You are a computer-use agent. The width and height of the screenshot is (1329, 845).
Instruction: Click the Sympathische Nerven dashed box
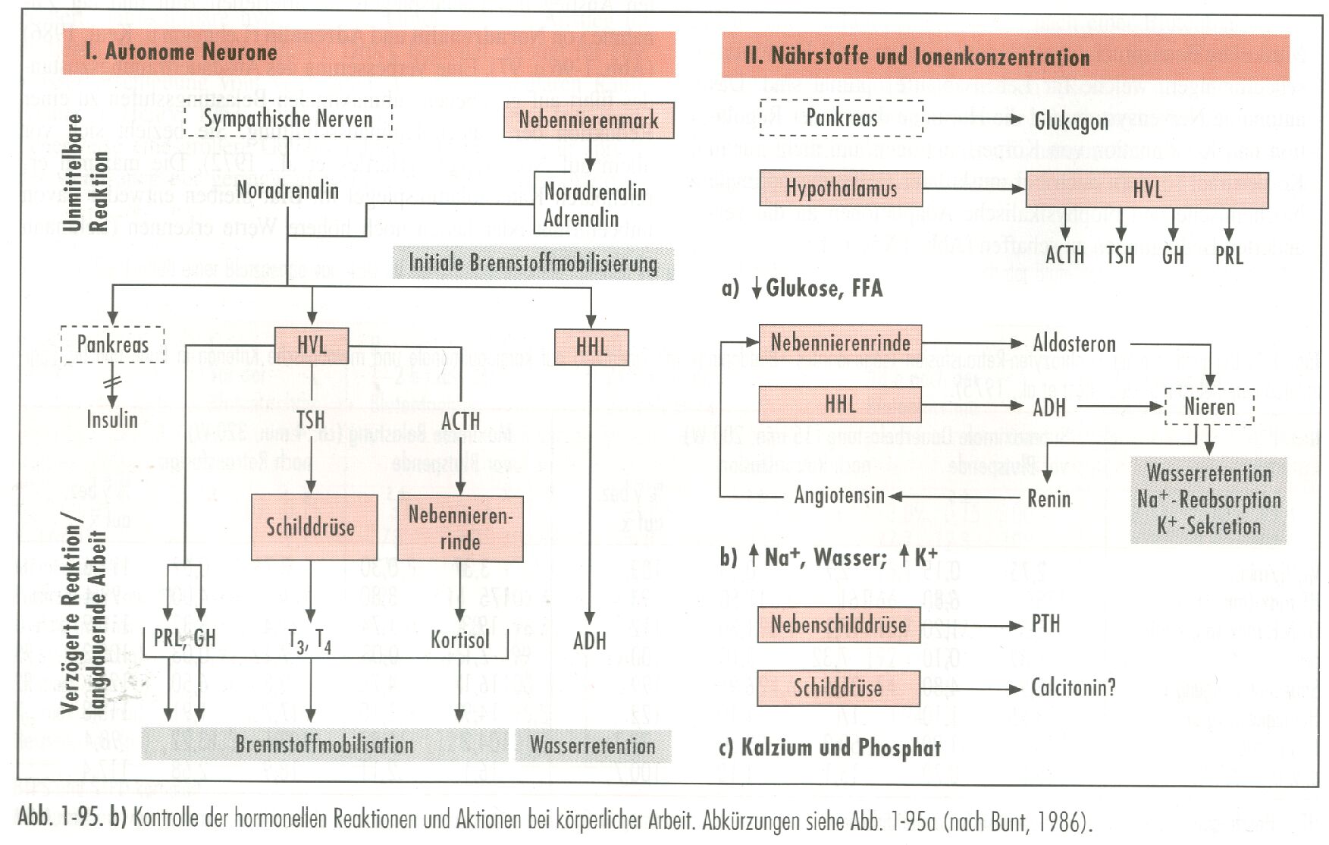click(x=288, y=119)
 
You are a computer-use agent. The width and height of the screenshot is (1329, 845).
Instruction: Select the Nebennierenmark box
click(x=589, y=120)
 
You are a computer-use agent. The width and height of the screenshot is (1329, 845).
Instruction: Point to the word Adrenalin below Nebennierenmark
click(x=581, y=218)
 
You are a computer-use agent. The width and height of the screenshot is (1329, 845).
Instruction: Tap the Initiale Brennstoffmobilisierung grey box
click(x=533, y=263)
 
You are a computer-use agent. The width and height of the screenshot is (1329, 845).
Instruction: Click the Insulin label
click(x=112, y=419)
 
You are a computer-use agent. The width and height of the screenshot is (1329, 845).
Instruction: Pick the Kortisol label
click(x=460, y=639)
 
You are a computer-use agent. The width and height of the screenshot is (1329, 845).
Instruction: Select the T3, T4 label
click(x=309, y=641)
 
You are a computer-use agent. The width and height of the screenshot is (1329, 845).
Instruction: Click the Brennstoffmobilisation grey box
click(x=324, y=744)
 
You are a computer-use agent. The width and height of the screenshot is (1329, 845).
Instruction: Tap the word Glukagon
click(x=1071, y=121)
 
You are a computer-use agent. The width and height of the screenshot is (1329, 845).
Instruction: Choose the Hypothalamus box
click(x=841, y=189)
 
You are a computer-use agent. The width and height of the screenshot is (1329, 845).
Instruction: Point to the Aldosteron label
click(x=1074, y=344)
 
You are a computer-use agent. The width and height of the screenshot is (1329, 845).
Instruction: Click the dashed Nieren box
click(x=1209, y=407)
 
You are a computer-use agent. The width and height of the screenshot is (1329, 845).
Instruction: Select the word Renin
click(x=1049, y=498)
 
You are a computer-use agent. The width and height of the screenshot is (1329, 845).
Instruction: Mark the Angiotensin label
click(x=839, y=495)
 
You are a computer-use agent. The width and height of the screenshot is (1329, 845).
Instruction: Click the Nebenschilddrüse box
click(x=838, y=625)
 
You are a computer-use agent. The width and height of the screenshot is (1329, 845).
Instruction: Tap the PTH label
click(x=1045, y=624)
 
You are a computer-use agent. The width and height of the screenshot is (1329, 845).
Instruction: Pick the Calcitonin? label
click(x=1073, y=688)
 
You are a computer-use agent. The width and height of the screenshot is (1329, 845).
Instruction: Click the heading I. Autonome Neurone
click(x=181, y=52)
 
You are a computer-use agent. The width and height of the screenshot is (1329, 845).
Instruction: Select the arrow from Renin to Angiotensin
click(x=955, y=498)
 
